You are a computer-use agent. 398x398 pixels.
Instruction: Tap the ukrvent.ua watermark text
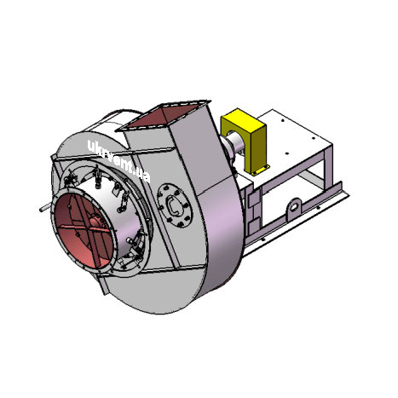click(119, 161)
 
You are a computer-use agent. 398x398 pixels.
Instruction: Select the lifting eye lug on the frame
click(293, 209)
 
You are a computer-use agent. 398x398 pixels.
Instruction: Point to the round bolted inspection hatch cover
click(175, 205)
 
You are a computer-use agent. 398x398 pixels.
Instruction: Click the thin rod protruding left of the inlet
click(46, 208)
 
